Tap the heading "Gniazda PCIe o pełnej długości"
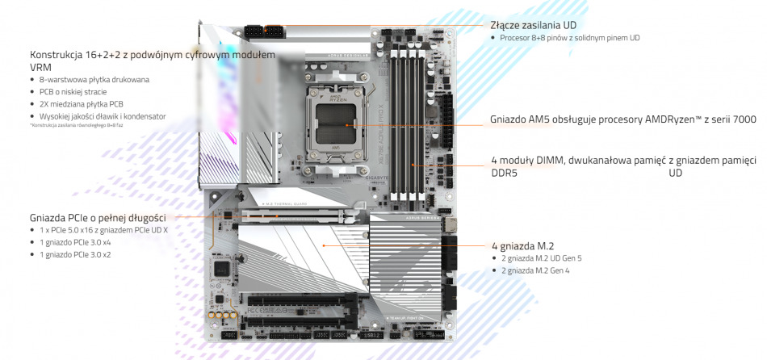(98, 218)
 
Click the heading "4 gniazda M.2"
(522, 245)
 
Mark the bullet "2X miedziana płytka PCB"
(82, 104)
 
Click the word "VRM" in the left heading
(40, 67)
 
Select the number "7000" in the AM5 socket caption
(743, 119)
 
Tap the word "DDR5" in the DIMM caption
(504, 173)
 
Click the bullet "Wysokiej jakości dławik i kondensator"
(103, 116)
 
